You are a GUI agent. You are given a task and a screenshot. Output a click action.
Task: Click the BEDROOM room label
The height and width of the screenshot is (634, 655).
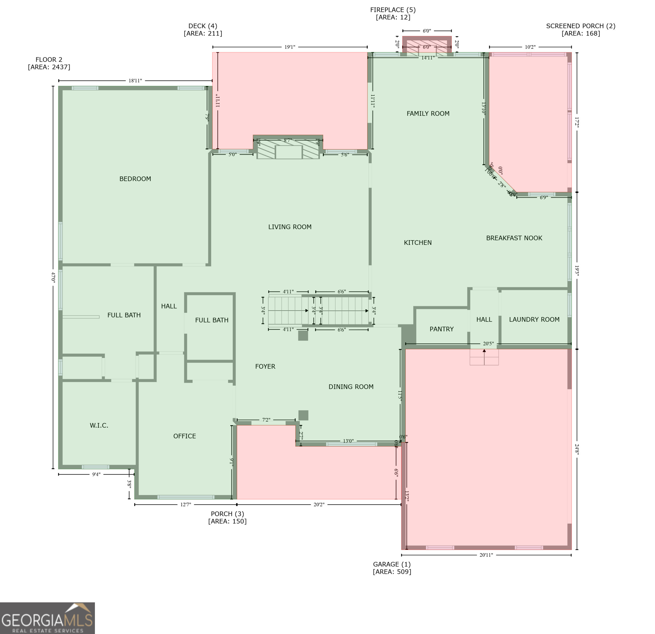coord(135,179)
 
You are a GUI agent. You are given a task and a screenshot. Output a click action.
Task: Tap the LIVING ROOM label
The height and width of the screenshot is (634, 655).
coord(290,227)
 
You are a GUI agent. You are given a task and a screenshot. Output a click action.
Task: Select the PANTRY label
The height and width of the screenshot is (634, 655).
coord(442,329)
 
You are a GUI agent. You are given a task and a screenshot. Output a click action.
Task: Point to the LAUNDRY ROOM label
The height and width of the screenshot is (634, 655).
coord(534,319)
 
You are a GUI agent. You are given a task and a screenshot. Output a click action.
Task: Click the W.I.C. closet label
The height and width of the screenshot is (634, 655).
coord(99,425)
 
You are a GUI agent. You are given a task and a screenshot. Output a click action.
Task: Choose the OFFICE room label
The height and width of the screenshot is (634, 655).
coord(185,436)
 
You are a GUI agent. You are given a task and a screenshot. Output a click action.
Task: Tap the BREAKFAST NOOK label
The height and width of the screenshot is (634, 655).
coord(514,238)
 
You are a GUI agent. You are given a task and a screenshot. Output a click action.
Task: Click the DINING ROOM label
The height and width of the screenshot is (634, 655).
coord(351,387)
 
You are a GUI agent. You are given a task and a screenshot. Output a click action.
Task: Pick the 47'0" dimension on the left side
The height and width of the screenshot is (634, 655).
coord(53,277)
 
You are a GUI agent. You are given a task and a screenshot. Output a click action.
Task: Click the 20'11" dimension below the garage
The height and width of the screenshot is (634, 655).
coord(486,555)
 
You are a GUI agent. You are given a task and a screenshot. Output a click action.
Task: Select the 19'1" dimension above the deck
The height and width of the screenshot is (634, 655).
coord(290,47)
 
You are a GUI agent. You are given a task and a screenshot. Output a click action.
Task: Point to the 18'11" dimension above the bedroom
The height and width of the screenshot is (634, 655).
coord(135,81)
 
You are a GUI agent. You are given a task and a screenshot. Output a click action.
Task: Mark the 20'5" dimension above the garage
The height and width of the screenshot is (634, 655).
coord(488,344)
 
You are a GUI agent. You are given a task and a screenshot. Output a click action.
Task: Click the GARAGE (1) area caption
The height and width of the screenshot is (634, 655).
coord(392,568)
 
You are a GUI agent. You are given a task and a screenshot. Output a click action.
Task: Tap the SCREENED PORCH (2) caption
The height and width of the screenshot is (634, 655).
coord(580,29)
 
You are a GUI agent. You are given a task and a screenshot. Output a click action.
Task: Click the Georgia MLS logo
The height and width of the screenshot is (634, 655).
coord(47,618)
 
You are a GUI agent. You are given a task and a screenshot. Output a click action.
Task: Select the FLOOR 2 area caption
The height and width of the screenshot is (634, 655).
coord(49,63)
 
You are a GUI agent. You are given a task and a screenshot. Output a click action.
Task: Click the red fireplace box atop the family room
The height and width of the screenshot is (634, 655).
coord(427,45)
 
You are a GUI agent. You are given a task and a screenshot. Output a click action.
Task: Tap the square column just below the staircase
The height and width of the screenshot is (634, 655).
coord(303,335)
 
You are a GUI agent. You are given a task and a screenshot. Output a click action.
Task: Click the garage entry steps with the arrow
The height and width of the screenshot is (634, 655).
coord(484,357)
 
